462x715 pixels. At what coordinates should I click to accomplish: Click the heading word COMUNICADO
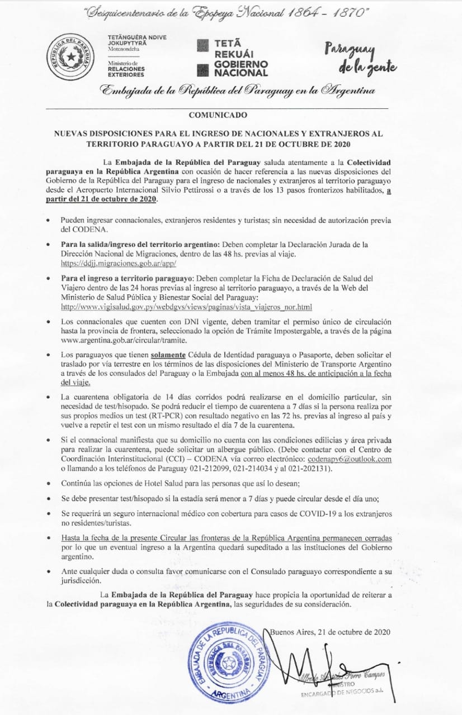tap(218, 116)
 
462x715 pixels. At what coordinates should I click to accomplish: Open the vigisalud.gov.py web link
tap(186, 307)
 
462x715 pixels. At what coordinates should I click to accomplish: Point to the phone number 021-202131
tap(309, 469)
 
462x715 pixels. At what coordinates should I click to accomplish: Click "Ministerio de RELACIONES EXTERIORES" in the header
tap(126, 69)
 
